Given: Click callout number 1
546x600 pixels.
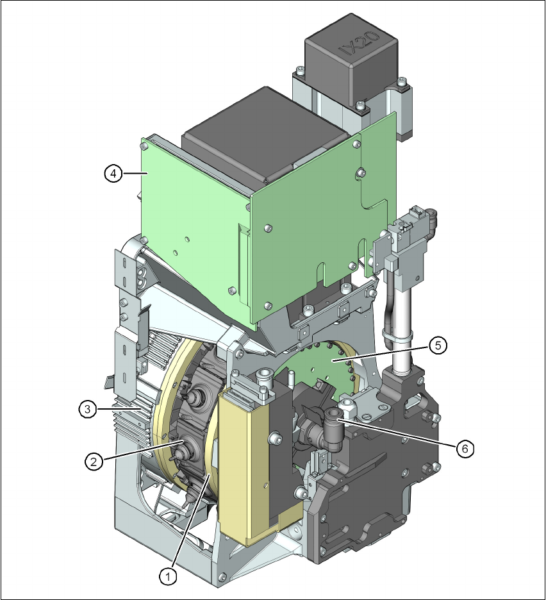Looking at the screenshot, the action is coord(167,576).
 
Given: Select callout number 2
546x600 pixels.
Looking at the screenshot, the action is coord(94,462).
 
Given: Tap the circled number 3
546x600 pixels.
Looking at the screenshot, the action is coord(88,410).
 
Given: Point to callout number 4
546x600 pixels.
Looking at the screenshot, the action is coord(113,174).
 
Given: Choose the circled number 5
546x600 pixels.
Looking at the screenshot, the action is coord(438,346).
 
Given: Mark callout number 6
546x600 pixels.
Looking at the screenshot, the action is coord(465,449).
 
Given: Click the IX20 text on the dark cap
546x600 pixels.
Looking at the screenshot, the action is coord(360,43).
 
